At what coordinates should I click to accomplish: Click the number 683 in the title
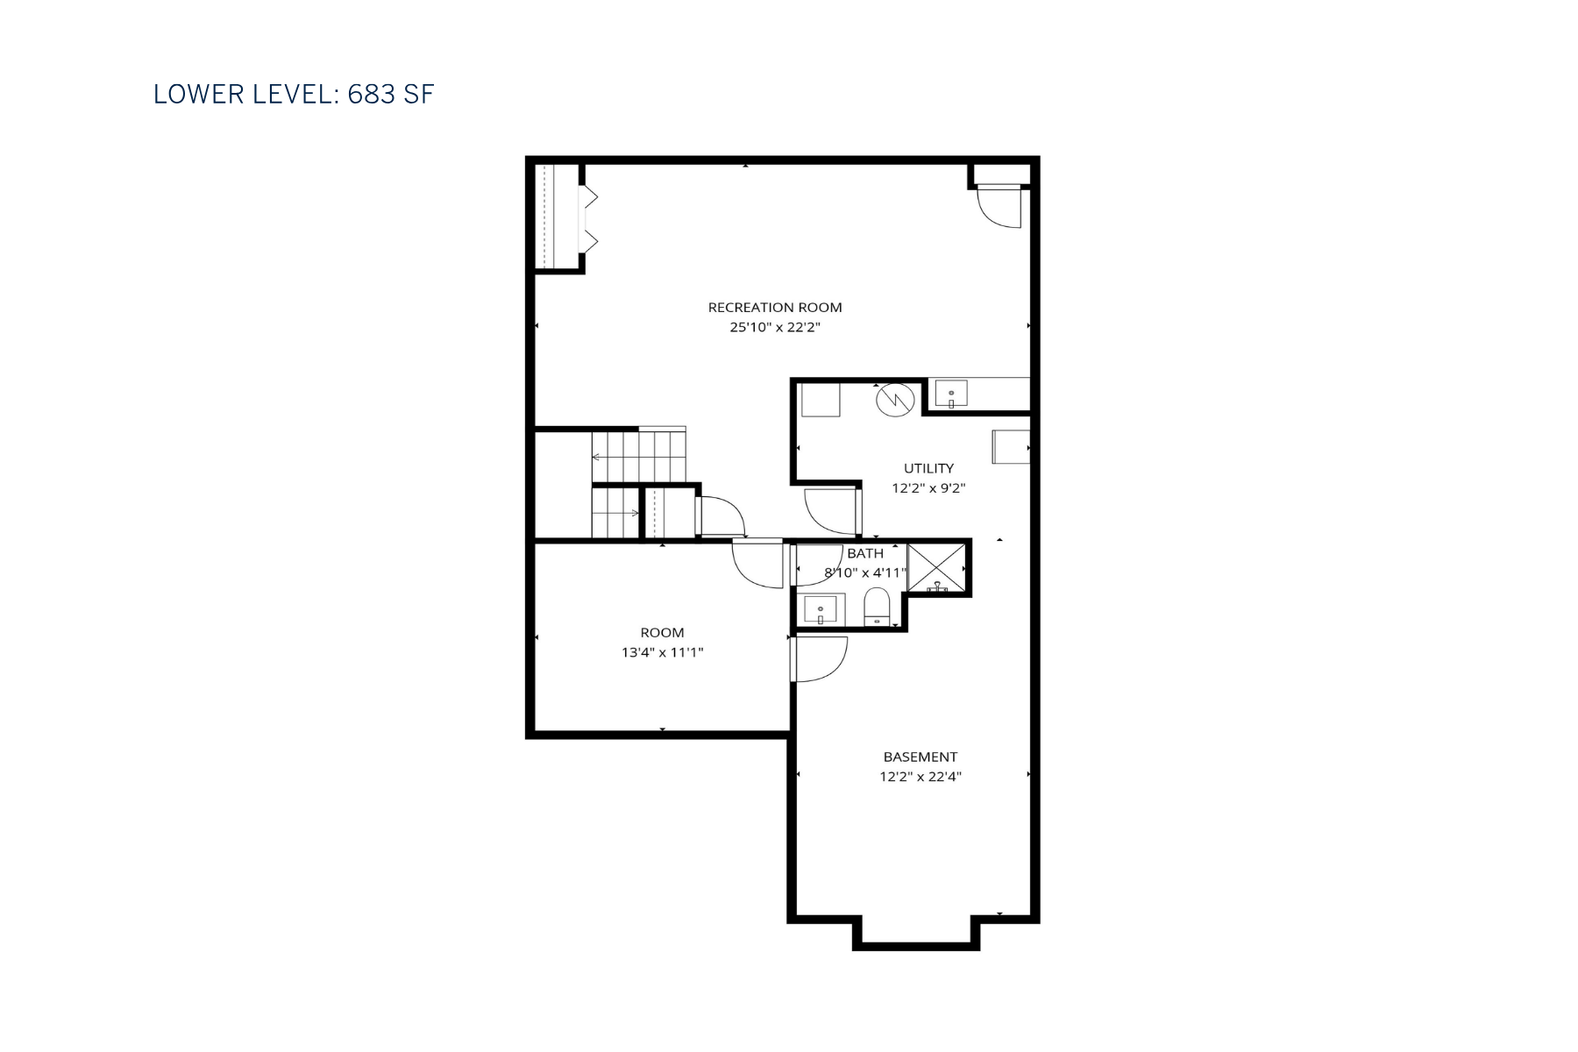[371, 95]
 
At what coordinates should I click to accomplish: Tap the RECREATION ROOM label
[774, 308]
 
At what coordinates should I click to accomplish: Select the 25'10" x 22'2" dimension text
[774, 328]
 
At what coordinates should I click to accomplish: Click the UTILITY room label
[928, 468]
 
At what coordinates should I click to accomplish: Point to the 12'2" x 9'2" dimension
[928, 488]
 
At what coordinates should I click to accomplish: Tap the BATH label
[864, 553]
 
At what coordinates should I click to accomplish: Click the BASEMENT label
[920, 757]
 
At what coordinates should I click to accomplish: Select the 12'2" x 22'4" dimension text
[920, 777]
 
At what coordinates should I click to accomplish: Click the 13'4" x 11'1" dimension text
[662, 652]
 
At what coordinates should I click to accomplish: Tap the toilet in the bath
[877, 607]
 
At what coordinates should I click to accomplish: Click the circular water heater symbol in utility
[894, 400]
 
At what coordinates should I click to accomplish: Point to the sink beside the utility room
[950, 394]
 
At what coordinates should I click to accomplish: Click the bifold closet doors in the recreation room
[590, 219]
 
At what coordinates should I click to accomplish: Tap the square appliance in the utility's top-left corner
[821, 400]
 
